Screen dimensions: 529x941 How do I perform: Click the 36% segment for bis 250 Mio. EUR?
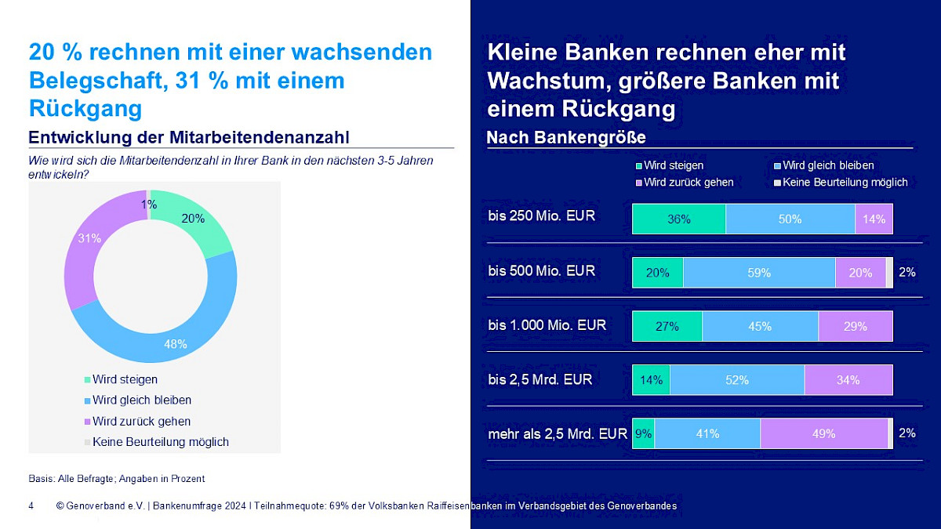pos(679,219)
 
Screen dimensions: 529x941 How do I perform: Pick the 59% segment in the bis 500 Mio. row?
pos(759,273)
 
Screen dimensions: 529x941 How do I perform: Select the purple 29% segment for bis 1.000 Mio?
pos(856,326)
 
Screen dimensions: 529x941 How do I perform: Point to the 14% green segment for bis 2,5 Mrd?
pos(651,380)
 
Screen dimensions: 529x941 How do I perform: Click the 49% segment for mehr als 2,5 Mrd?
pos(823,433)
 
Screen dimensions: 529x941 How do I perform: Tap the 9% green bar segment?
pos(643,433)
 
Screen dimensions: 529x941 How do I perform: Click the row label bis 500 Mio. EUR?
pos(541,271)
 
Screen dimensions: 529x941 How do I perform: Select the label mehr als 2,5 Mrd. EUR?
pos(557,433)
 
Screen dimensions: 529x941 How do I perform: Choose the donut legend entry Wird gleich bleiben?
pos(141,400)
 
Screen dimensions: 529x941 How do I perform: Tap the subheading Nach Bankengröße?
pos(566,138)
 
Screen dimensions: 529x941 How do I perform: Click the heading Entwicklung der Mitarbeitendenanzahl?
pos(189,138)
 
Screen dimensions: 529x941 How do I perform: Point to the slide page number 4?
pos(31,506)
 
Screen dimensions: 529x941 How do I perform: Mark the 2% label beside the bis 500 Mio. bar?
pos(906,273)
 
